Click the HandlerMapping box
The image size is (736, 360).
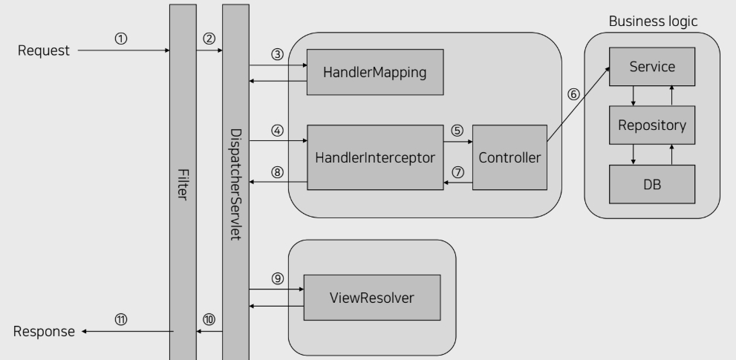point(375,72)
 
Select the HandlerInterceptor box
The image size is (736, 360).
point(375,157)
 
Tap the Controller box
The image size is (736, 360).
point(509,157)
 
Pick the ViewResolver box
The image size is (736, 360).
point(371,298)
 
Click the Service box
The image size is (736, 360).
point(651,67)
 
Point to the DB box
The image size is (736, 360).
point(651,185)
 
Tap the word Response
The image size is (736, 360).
point(45,331)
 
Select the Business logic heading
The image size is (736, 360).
point(653,21)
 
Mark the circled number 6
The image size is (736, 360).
point(573,94)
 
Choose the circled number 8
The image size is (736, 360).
point(278,171)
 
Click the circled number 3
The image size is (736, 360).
point(278,55)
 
